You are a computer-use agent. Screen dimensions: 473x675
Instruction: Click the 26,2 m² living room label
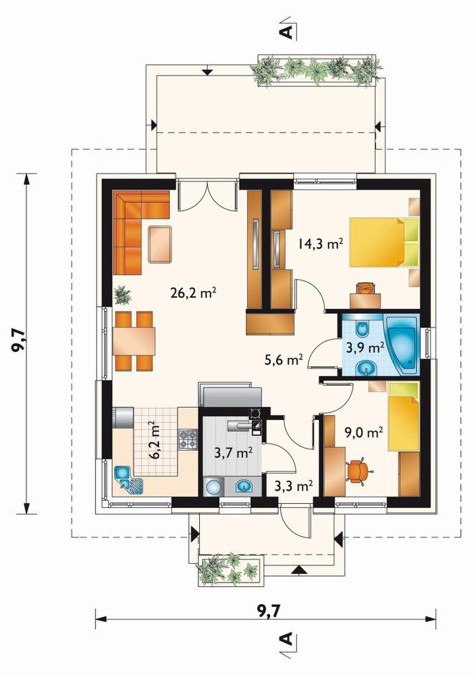[x=193, y=293]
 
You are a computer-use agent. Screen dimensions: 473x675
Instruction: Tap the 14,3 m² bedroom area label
[x=320, y=244]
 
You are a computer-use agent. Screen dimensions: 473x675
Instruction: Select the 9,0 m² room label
[x=364, y=431]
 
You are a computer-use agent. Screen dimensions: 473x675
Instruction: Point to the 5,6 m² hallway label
[x=284, y=359]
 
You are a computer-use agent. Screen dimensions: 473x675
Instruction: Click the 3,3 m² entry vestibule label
[x=294, y=486]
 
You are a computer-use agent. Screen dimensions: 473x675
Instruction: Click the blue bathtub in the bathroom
[x=402, y=345]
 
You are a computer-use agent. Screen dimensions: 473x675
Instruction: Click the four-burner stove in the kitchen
[x=188, y=439]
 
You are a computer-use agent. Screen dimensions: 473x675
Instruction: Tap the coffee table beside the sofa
[x=160, y=244]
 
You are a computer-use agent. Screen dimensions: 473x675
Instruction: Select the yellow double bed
[x=384, y=242]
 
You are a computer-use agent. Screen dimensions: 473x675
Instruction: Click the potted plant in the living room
[x=123, y=295]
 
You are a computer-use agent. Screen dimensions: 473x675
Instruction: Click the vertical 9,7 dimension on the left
[x=25, y=343]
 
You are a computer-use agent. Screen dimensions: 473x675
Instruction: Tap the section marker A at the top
[x=287, y=29]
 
